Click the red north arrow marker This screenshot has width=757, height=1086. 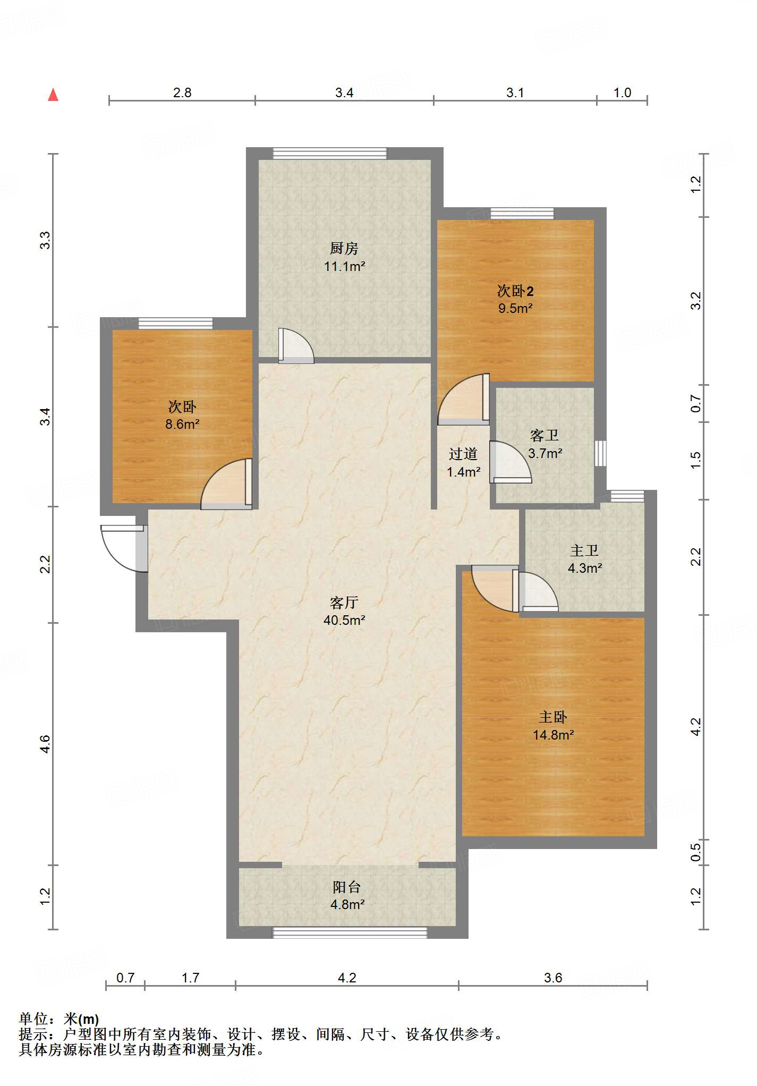53,95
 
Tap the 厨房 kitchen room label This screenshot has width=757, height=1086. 344,248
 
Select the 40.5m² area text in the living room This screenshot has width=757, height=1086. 344,620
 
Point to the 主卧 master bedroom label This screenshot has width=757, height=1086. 553,717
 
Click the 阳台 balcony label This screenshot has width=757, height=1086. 347,887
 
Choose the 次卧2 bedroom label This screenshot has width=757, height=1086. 515,291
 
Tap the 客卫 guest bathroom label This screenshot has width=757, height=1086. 545,436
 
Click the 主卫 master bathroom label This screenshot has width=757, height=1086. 584,550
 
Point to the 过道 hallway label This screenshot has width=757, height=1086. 463,454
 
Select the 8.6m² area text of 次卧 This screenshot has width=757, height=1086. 182,424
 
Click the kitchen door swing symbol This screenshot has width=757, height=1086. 296,346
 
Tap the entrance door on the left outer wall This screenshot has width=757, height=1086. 124,548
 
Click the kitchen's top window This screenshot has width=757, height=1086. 330,153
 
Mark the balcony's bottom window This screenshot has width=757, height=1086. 350,932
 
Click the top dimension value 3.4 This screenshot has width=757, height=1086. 344,93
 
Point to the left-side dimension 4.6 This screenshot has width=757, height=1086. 45,743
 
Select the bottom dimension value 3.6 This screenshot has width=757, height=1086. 553,978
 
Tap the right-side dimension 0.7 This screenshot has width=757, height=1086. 696,404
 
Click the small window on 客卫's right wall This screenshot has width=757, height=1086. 600,453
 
